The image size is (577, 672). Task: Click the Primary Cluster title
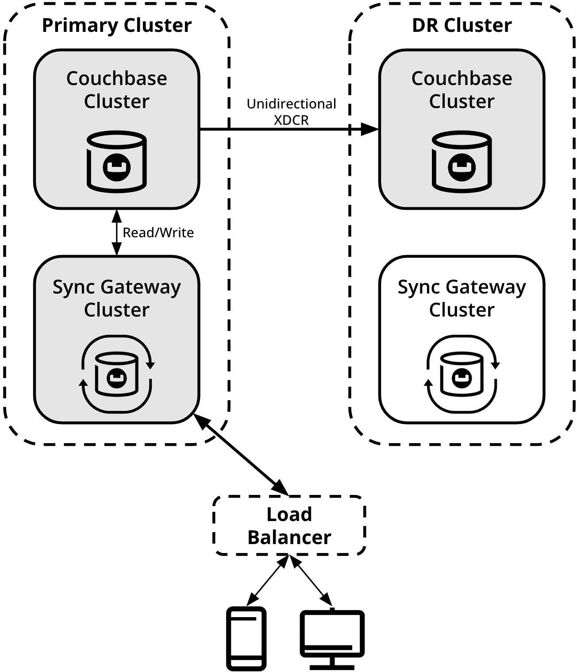point(117,25)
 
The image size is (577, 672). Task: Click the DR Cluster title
point(462,25)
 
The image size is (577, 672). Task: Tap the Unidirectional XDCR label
point(291,112)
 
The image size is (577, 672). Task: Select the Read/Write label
point(158,232)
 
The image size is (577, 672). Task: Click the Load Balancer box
point(289,525)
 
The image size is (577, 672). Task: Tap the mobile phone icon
point(246,638)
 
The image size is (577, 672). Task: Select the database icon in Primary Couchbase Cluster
point(117,162)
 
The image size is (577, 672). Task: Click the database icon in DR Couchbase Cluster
point(462,162)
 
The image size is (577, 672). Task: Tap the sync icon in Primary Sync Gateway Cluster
point(117,374)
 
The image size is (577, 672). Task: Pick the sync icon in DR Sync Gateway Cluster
point(462,374)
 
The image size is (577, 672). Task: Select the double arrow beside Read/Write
point(116,232)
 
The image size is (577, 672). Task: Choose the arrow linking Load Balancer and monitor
point(312,581)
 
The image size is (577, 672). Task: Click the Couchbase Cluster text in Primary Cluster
point(117,89)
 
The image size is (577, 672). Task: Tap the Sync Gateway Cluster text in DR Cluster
point(462,298)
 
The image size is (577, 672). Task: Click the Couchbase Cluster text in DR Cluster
point(462,89)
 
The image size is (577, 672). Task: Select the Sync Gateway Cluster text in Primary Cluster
point(117,298)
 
